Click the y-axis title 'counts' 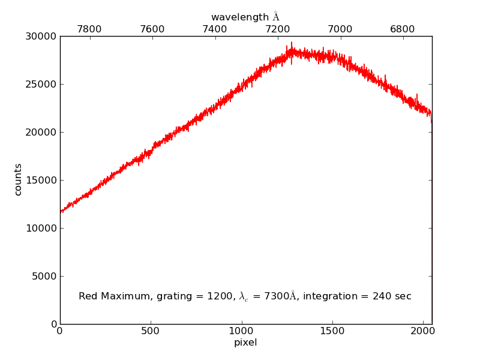point(18,179)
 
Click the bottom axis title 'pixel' point(245,343)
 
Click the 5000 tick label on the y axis point(44,276)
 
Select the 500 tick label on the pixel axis point(151,331)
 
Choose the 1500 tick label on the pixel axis point(332,331)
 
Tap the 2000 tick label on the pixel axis point(423,331)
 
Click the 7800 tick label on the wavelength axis point(90,29)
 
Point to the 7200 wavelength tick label point(277,29)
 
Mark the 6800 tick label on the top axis point(402,29)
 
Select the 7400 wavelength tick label point(215,29)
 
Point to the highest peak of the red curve point(292,43)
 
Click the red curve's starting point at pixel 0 point(61,212)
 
